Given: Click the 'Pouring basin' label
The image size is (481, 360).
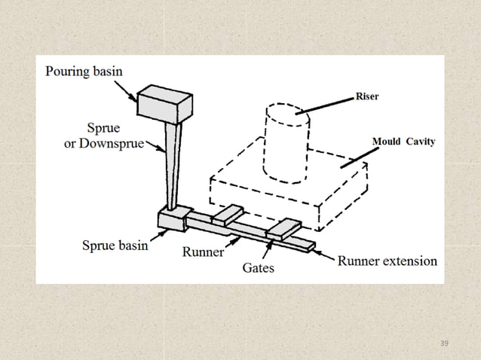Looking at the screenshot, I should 84,72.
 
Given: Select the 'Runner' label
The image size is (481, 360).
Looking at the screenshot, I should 203,252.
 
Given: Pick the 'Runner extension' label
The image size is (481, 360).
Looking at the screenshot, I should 387,261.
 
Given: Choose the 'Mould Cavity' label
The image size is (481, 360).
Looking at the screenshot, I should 403,142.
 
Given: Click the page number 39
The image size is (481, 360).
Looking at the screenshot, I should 443,343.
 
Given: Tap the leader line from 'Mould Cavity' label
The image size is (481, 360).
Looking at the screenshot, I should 356,155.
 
